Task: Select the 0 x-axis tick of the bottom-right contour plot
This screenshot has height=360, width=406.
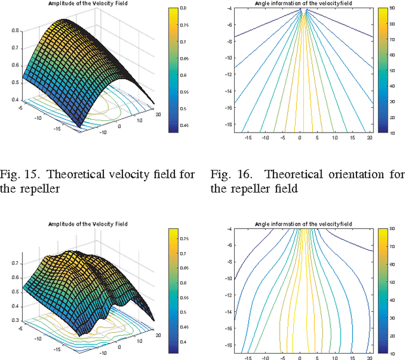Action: tap(299, 357)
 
